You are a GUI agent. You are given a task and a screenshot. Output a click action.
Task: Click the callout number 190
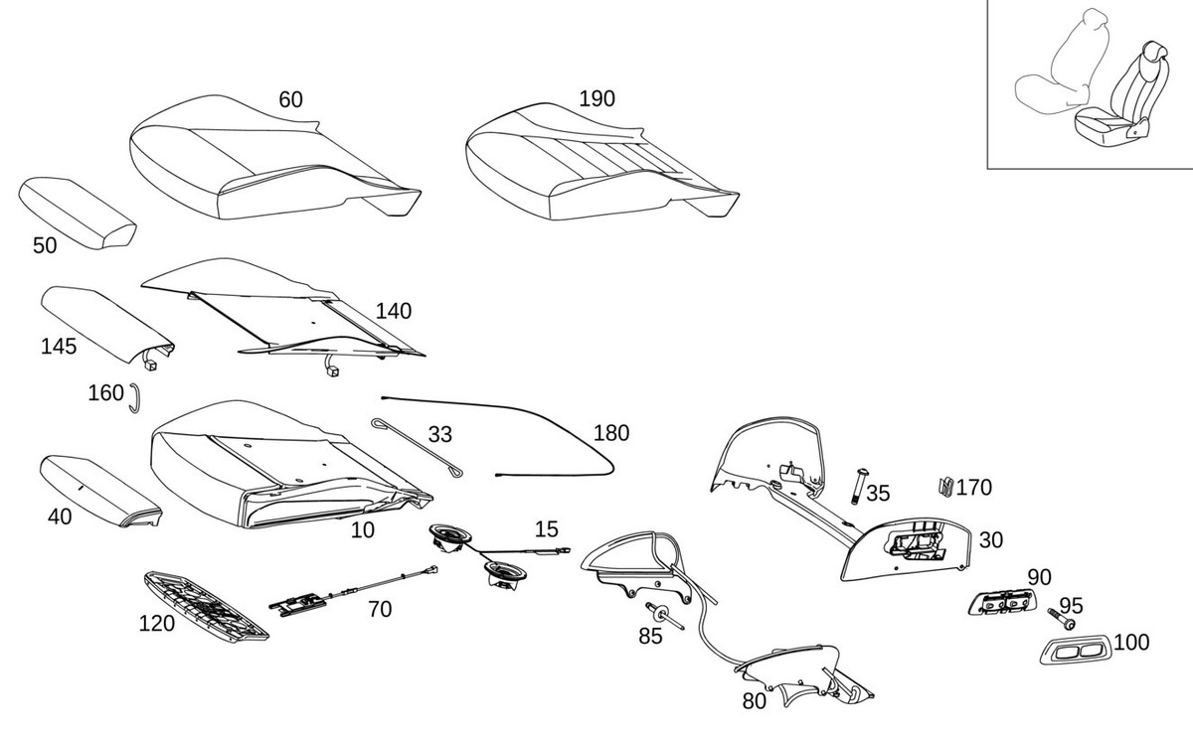tap(596, 99)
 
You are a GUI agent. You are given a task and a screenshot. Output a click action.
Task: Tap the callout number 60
tap(290, 100)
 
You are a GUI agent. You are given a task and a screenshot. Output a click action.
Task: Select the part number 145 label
tap(59, 347)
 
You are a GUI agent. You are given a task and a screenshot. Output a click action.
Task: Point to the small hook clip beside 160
tap(135, 398)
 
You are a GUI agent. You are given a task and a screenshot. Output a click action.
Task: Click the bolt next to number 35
tap(859, 487)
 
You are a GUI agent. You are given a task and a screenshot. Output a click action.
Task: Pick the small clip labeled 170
tap(945, 487)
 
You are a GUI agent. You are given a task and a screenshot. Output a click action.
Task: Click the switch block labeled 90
tap(1002, 602)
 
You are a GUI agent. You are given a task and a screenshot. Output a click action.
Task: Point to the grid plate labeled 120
tap(206, 606)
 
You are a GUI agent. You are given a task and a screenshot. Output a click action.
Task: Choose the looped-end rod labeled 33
tap(417, 447)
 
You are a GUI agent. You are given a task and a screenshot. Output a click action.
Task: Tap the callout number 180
tap(611, 434)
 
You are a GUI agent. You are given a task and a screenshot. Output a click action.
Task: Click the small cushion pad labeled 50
tap(78, 213)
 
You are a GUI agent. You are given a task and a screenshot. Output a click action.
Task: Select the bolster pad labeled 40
tap(100, 491)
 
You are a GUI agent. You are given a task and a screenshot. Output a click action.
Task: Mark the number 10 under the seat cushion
tap(363, 530)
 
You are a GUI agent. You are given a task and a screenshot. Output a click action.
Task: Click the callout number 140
tap(394, 311)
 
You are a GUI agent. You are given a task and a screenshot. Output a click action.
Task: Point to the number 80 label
tap(755, 702)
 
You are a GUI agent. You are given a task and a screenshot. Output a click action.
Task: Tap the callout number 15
tap(547, 529)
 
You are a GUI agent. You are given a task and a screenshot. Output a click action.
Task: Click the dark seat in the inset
tap(1121, 101)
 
